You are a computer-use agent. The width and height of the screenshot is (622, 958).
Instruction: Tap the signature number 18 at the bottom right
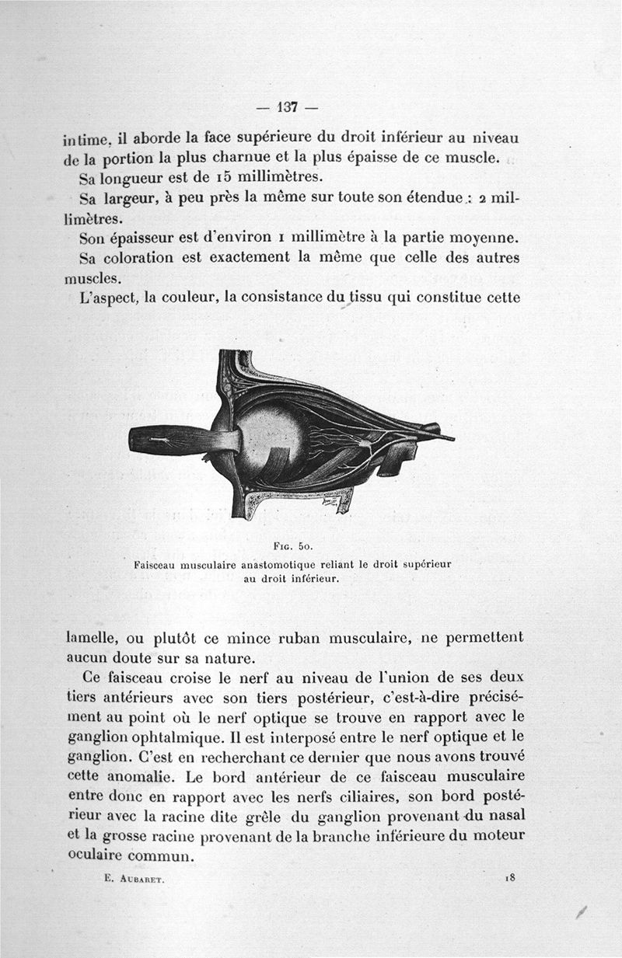point(511,877)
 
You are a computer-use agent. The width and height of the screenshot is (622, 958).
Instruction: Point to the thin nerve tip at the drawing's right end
point(446,438)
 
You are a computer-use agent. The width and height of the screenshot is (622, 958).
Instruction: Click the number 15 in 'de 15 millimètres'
point(193,178)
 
